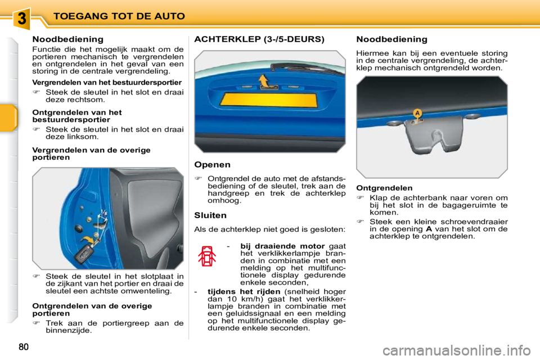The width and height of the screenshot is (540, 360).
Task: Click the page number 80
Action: point(22,346)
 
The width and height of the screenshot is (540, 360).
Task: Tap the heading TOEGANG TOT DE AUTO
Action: point(119,16)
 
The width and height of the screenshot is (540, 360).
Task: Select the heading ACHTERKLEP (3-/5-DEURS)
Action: point(259,39)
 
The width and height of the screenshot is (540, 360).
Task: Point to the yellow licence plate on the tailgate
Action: point(270,106)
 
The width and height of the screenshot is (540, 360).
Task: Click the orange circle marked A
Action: point(417,113)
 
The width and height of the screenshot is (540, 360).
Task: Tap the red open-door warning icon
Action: point(208,258)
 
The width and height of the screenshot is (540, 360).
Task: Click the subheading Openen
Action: point(212,165)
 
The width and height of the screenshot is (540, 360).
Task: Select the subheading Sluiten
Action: point(210,215)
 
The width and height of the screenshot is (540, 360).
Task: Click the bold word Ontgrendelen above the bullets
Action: point(384,188)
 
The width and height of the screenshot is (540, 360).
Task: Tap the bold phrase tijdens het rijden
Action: point(244,291)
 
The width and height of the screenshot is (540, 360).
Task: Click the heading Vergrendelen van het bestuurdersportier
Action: point(107,82)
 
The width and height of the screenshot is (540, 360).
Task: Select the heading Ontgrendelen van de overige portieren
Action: point(92,309)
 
